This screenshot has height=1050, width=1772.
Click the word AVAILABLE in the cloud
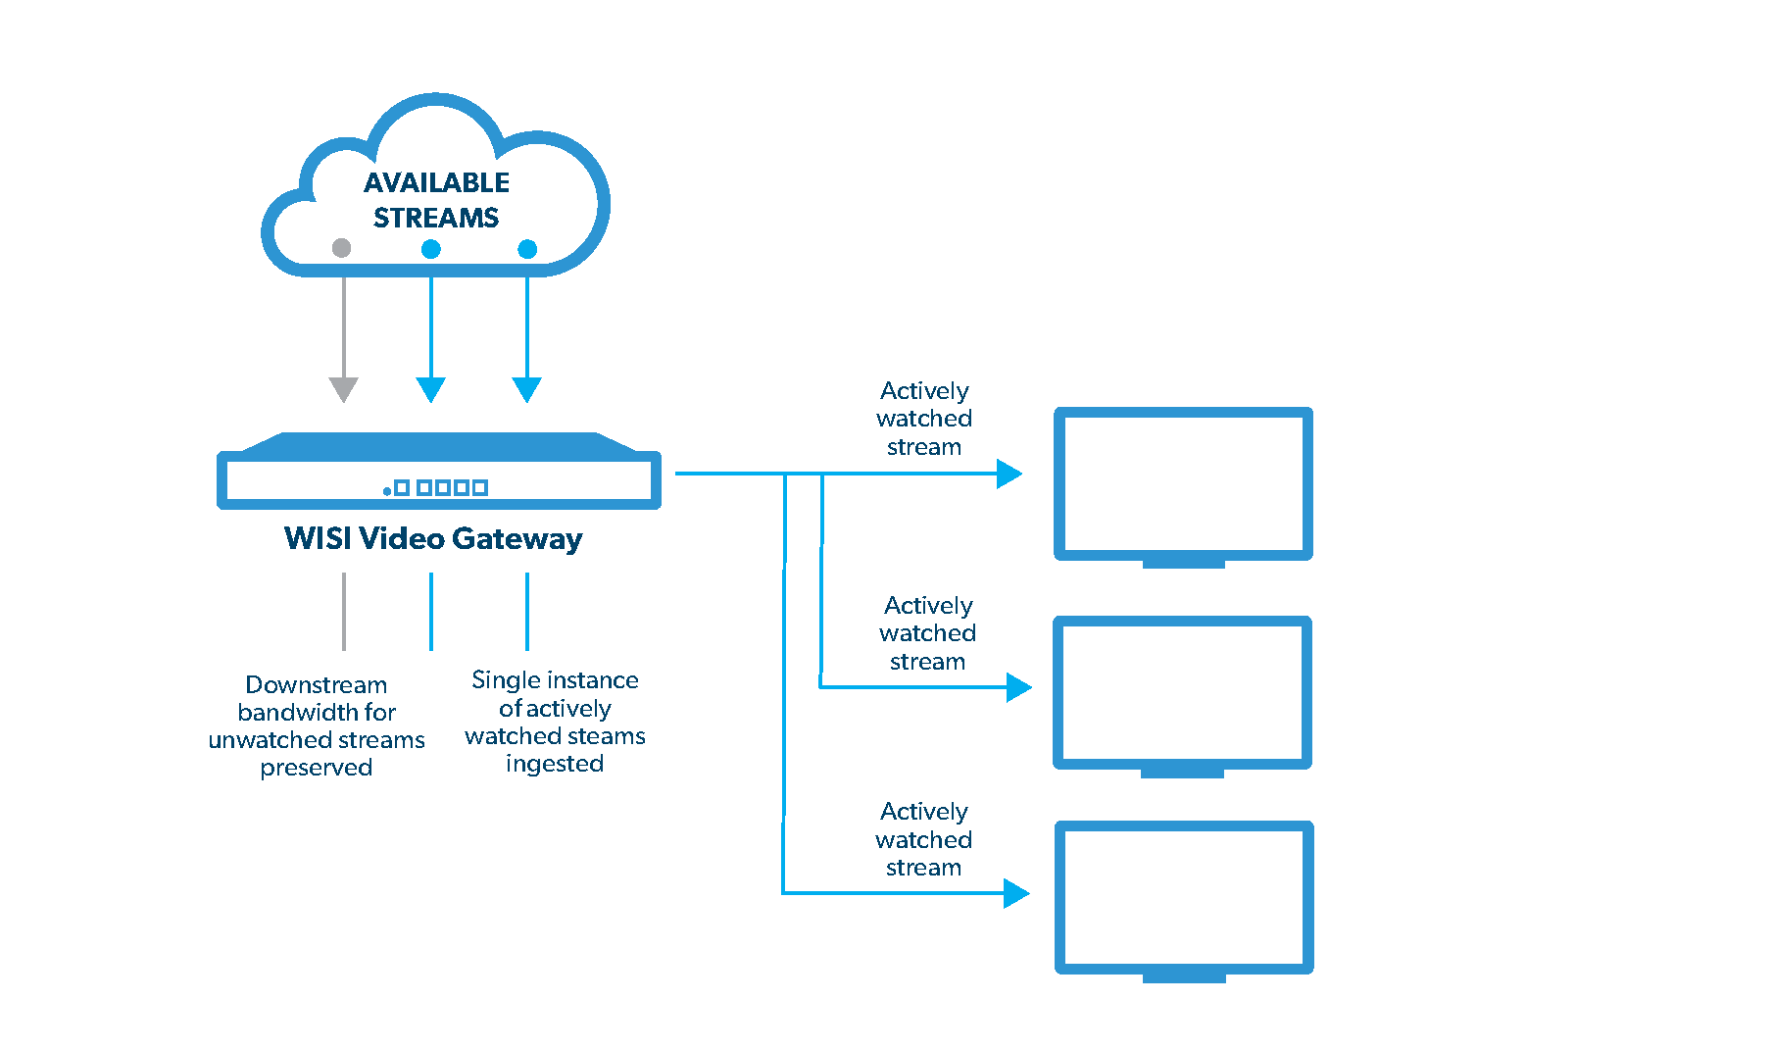pos(436,183)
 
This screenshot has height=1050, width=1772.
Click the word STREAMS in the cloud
pos(436,218)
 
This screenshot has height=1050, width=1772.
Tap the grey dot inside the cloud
pos(341,248)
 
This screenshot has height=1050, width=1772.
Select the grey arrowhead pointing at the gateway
pos(343,389)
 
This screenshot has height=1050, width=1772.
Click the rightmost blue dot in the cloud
pos(527,249)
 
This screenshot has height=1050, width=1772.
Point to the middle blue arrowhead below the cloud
pos(430,389)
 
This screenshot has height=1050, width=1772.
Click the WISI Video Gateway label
pos(433,538)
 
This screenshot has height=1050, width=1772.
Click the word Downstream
pos(316,684)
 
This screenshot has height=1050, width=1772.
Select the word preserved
pos(316,768)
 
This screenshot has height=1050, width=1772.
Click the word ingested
pos(555,764)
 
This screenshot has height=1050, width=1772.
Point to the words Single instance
pos(555,680)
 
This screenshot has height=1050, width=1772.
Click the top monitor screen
pos(1183,482)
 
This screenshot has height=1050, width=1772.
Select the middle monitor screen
pos(1182,691)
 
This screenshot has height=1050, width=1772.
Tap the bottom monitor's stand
pos(1184,977)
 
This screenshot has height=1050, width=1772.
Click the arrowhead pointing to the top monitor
pos(1009,474)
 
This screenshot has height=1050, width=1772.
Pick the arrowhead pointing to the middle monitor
pos(1018,687)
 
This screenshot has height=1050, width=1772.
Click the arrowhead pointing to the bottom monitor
pos(1015,893)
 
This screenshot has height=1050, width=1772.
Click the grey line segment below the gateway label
pos(343,611)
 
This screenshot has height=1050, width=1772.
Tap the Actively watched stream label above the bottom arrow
pos(923,839)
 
